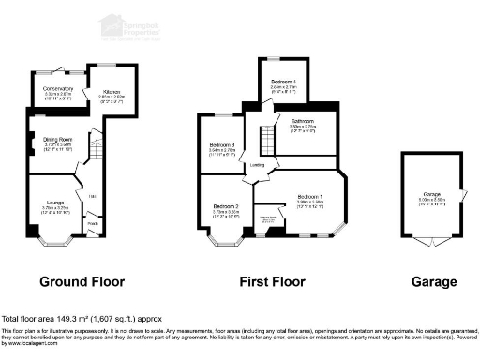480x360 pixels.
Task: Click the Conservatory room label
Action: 59,91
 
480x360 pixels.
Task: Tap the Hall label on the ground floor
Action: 93,195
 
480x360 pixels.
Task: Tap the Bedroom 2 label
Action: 226,208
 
